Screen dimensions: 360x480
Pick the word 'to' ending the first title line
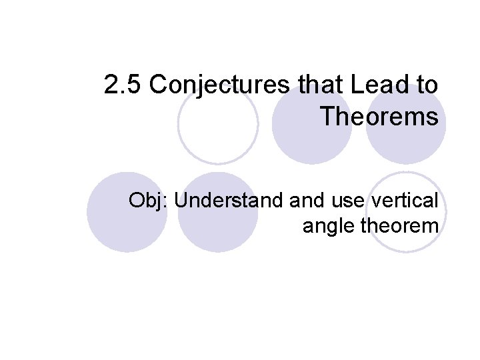click(427, 86)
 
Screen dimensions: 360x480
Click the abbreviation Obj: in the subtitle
click(149, 201)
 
